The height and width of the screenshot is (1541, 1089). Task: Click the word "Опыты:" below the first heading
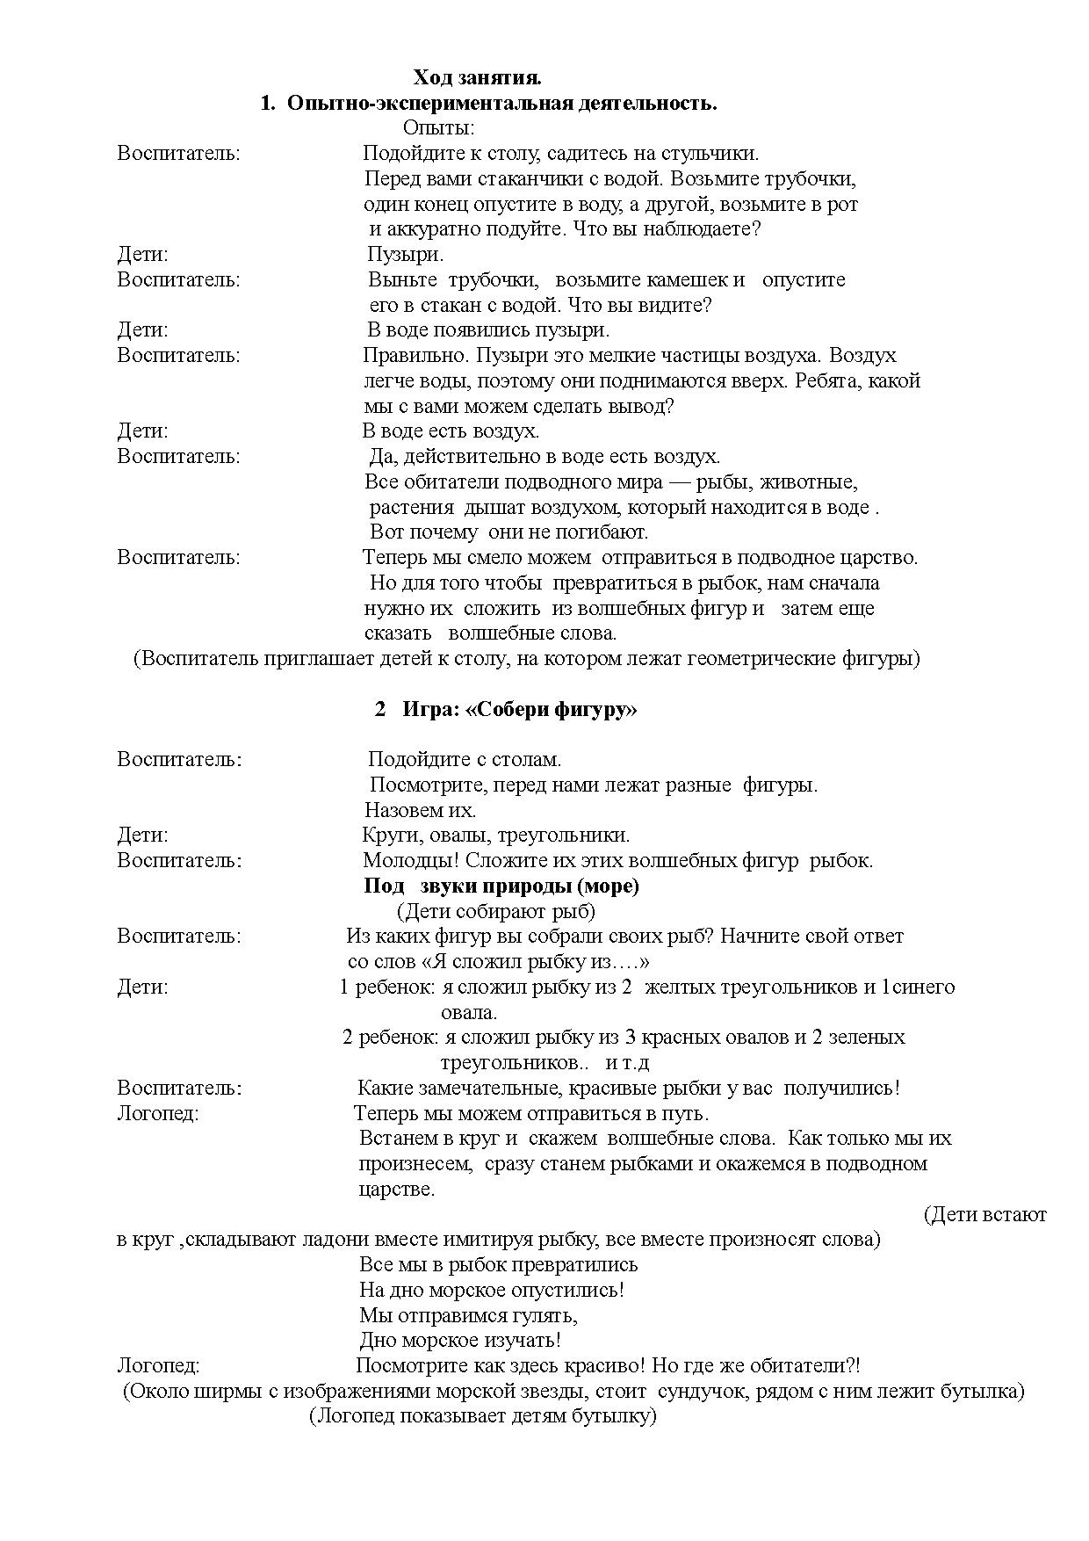tap(438, 129)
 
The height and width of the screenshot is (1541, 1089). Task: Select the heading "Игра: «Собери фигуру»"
tap(519, 710)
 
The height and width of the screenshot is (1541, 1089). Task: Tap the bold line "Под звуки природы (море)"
tap(501, 886)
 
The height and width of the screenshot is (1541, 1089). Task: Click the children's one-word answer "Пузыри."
tap(405, 255)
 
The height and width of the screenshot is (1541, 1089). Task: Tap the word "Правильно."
tap(407, 356)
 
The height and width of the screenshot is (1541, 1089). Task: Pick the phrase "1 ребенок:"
tap(386, 988)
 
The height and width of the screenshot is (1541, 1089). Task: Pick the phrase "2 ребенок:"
tap(390, 1038)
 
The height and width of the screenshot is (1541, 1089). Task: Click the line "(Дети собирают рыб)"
tap(496, 911)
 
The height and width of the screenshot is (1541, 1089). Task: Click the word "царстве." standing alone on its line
tap(397, 1190)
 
